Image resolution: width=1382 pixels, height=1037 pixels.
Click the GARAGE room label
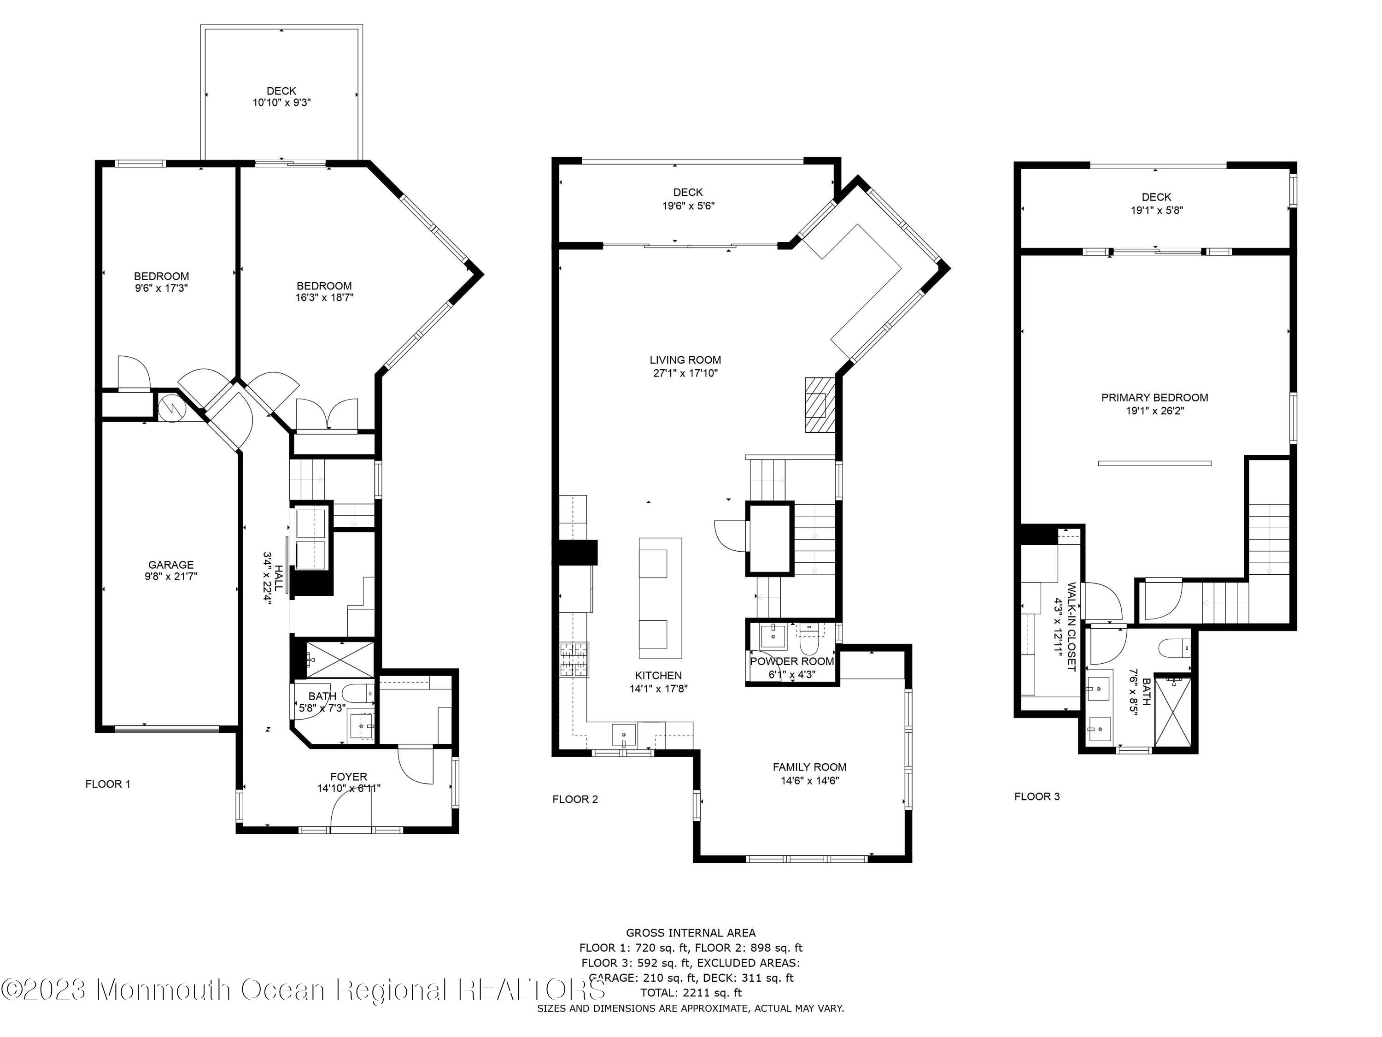pyautogui.click(x=170, y=565)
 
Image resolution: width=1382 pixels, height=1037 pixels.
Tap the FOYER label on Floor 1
pyautogui.click(x=349, y=777)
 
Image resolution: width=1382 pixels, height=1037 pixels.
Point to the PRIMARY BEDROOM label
pyautogui.click(x=1154, y=398)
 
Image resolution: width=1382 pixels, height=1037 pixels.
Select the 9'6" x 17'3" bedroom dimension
pyautogui.click(x=161, y=288)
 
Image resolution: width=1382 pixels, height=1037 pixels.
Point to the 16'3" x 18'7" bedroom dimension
pyautogui.click(x=324, y=298)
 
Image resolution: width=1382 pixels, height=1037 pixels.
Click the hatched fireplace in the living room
pyautogui.click(x=819, y=405)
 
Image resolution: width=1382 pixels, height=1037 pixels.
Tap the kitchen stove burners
pyautogui.click(x=574, y=660)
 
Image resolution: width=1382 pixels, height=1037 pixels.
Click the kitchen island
pyautogui.click(x=660, y=598)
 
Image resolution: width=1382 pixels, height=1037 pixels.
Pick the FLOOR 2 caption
pyautogui.click(x=575, y=800)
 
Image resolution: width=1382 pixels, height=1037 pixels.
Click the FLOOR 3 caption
pyautogui.click(x=1036, y=796)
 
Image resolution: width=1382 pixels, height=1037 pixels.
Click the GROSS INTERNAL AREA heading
pyautogui.click(x=691, y=933)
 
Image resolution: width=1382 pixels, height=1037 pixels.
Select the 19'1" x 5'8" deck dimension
pyautogui.click(x=1156, y=211)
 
